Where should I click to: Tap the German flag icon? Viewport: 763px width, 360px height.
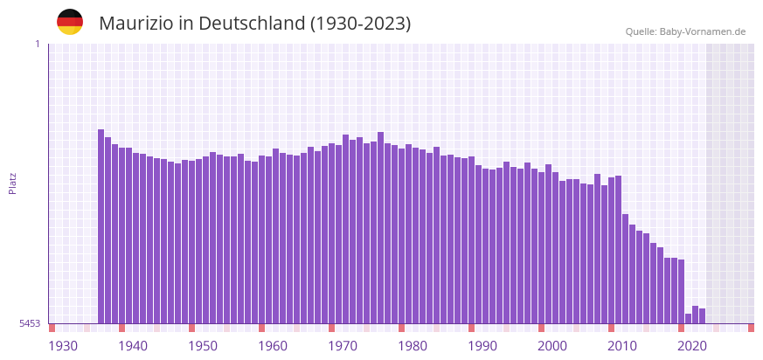pyautogui.click(x=70, y=22)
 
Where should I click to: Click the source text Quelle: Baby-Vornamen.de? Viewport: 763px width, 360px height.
pyautogui.click(x=685, y=31)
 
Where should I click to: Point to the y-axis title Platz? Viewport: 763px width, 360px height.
pyautogui.click(x=12, y=183)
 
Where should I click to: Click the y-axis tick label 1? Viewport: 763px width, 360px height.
pyautogui.click(x=37, y=44)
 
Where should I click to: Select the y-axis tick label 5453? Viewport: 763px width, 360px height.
pyautogui.click(x=30, y=323)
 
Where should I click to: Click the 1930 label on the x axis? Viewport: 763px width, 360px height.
pyautogui.click(x=63, y=346)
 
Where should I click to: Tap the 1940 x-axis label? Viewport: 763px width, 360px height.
pyautogui.click(x=133, y=346)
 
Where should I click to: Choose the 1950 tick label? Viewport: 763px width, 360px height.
pyautogui.click(x=203, y=346)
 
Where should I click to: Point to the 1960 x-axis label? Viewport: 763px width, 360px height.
pyautogui.click(x=273, y=346)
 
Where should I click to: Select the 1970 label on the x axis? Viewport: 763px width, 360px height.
pyautogui.click(x=343, y=346)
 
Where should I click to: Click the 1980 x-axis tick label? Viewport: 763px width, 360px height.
pyautogui.click(x=413, y=346)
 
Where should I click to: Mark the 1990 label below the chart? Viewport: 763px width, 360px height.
pyautogui.click(x=482, y=346)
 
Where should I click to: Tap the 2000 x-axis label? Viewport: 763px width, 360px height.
pyautogui.click(x=552, y=346)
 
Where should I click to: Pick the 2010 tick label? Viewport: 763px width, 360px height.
pyautogui.click(x=622, y=346)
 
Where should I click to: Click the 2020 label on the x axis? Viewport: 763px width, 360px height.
pyautogui.click(x=692, y=346)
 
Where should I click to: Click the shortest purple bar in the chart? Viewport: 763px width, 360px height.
pyautogui.click(x=689, y=319)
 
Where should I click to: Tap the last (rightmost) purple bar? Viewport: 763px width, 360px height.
pyautogui.click(x=703, y=316)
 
